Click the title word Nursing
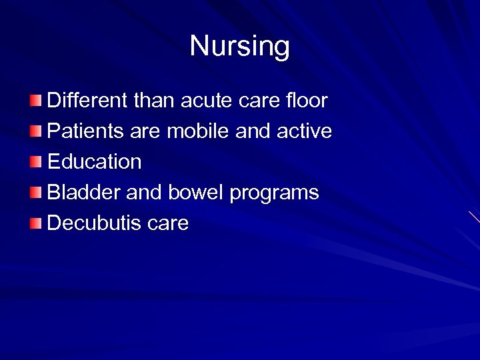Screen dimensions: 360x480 (239, 47)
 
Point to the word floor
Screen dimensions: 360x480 (306, 101)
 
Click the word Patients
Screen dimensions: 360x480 (84, 131)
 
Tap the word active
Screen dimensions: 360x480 (305, 131)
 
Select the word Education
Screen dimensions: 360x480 (94, 162)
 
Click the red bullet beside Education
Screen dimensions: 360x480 (35, 162)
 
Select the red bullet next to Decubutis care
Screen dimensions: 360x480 (35, 223)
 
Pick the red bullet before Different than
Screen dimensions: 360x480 (35, 101)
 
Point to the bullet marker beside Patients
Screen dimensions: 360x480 (35, 131)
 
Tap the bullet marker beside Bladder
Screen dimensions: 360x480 (35, 193)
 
